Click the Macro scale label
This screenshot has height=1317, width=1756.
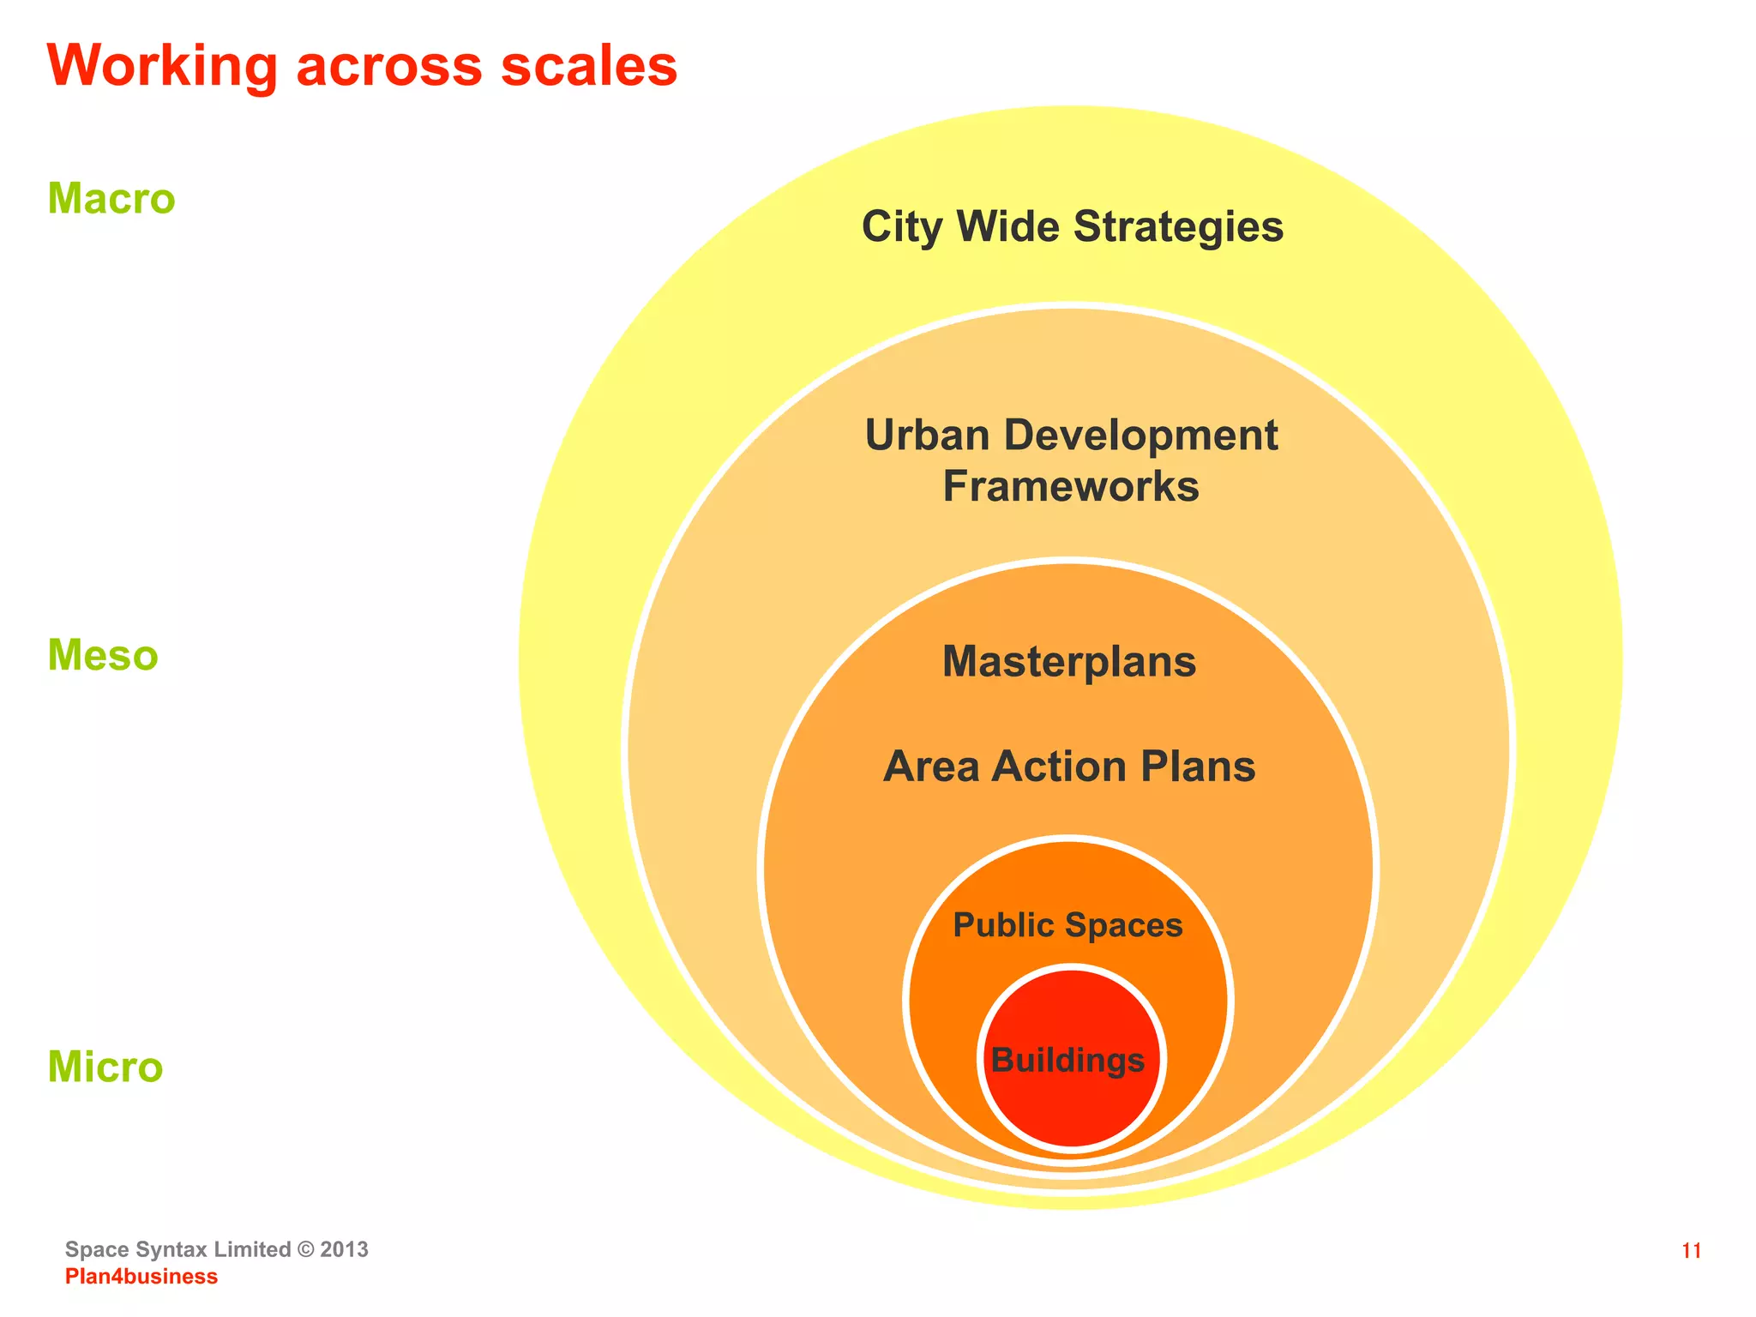[111, 199]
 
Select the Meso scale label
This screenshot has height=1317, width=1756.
[103, 656]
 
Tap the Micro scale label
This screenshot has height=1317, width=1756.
[105, 1067]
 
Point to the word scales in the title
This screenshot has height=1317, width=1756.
[589, 67]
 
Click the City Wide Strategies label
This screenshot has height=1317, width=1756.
[1072, 227]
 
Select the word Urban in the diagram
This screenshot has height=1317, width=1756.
[927, 436]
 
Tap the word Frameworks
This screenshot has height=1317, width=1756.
[1071, 487]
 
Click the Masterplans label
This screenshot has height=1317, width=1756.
[1069, 662]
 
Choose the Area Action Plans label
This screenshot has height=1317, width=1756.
[1069, 767]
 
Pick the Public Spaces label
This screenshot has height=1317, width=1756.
[1067, 925]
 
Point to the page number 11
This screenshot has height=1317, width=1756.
[1691, 1251]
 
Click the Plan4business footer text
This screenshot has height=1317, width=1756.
[141, 1277]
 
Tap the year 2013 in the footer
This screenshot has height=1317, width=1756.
[344, 1249]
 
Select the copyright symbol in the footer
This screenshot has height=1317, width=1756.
[305, 1249]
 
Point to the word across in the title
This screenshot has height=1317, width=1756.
[389, 67]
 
